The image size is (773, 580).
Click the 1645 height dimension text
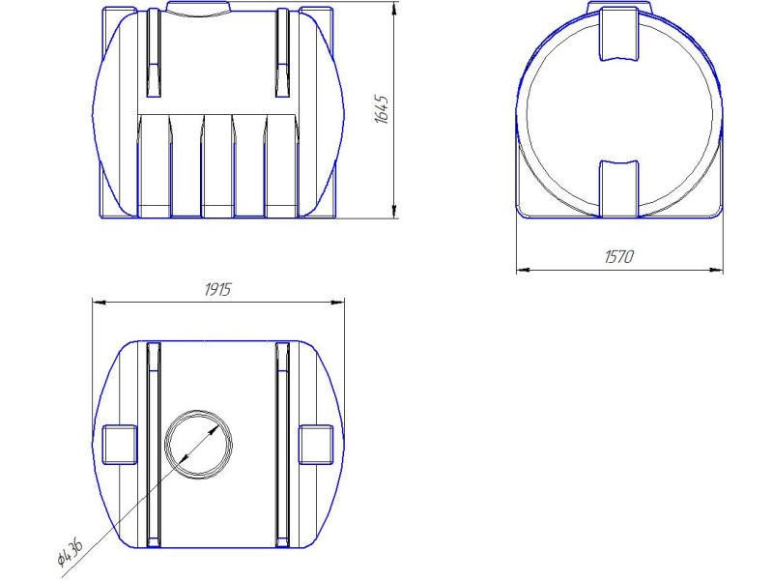point(382,109)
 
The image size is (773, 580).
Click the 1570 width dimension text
point(619,257)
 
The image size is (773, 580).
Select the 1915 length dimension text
point(217,289)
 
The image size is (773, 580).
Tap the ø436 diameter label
point(69,552)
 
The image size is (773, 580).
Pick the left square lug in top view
point(119,445)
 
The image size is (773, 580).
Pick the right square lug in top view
point(316,445)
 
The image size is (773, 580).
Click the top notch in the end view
point(619,35)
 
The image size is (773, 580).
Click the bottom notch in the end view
point(619,188)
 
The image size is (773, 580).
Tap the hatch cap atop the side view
point(198,9)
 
